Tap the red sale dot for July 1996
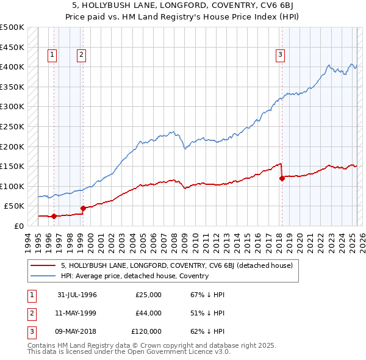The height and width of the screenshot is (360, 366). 54,216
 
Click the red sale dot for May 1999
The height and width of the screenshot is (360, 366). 83,208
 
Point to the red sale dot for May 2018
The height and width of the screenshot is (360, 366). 282,178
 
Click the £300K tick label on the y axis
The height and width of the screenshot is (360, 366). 12,107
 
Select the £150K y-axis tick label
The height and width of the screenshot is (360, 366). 12,166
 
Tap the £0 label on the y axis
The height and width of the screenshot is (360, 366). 18,226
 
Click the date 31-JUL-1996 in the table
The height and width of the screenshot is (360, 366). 77,295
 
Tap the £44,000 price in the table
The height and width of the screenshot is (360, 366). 148,313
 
